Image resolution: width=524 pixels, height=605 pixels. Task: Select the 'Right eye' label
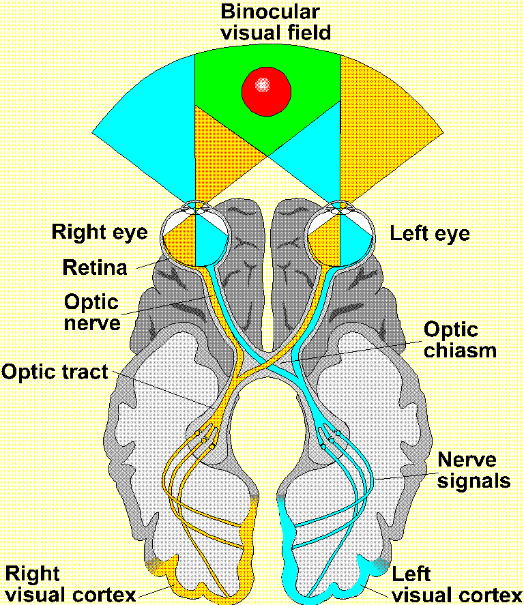(100, 232)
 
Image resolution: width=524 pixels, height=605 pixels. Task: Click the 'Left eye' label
(429, 234)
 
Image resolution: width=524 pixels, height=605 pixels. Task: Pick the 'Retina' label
(95, 268)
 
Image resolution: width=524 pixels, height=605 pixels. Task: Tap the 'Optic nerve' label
(91, 311)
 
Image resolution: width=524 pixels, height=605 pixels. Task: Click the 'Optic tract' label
(55, 372)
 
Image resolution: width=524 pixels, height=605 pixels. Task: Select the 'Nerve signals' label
(474, 470)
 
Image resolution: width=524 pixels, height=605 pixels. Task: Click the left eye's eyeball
(340, 235)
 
